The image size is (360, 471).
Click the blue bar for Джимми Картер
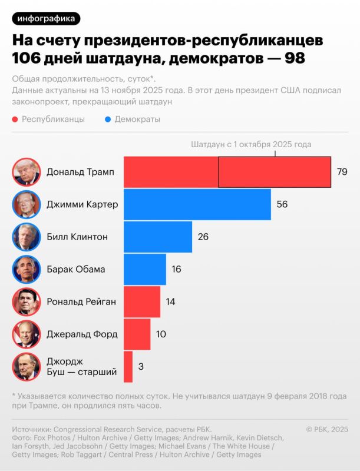(x=197, y=204)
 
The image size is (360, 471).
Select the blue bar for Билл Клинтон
(x=158, y=237)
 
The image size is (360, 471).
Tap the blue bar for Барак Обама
(x=144, y=269)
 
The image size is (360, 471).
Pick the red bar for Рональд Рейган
(x=141, y=301)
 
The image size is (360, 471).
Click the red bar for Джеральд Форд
(x=137, y=334)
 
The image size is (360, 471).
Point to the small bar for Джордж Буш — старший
(x=128, y=366)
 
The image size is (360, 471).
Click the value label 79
(x=342, y=172)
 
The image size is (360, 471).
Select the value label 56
(x=282, y=204)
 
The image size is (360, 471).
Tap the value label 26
(x=203, y=237)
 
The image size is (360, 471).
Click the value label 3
(x=141, y=366)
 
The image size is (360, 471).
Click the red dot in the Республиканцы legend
(x=14, y=120)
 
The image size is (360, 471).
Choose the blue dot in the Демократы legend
(x=107, y=120)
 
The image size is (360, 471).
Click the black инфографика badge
(x=46, y=18)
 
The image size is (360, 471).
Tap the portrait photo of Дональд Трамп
(x=27, y=172)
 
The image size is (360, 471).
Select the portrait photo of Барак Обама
(x=27, y=269)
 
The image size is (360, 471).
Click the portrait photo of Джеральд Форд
(x=27, y=334)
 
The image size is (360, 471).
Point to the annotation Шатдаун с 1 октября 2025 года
(x=251, y=144)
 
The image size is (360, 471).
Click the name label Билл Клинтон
(x=77, y=237)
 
